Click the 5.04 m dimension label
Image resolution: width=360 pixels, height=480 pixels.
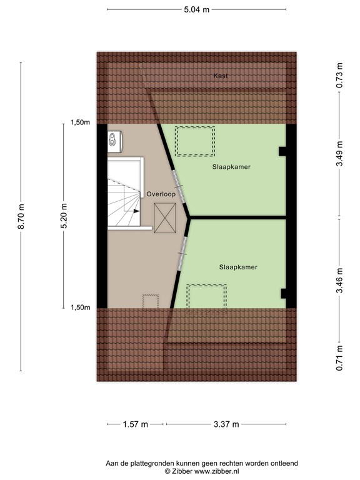(196, 9)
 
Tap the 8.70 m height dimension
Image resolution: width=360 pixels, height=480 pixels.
(21, 216)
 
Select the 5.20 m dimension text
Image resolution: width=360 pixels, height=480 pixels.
(64, 216)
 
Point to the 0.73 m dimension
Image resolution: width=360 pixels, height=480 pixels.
(339, 75)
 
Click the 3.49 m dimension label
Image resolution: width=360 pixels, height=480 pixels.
(339, 154)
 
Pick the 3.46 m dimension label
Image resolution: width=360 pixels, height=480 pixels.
(339, 281)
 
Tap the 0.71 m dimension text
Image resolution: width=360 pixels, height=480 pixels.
(339, 358)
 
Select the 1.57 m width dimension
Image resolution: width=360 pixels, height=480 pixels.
(135, 424)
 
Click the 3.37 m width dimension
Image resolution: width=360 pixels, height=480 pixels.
(226, 424)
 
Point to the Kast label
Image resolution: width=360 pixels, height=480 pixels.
(221, 76)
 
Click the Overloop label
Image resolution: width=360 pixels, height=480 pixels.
(161, 194)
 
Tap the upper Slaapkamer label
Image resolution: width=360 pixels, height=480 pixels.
(231, 167)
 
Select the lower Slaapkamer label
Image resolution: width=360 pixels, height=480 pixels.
(238, 267)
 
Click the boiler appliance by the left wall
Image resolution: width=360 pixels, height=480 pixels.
(115, 141)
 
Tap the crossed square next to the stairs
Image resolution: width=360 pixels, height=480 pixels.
(165, 218)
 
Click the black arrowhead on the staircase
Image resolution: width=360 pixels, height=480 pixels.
(136, 211)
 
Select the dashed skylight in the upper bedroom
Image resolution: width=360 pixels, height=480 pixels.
(195, 141)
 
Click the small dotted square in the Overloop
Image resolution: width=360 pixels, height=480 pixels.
(151, 301)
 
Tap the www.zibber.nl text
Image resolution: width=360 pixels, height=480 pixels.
(216, 471)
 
